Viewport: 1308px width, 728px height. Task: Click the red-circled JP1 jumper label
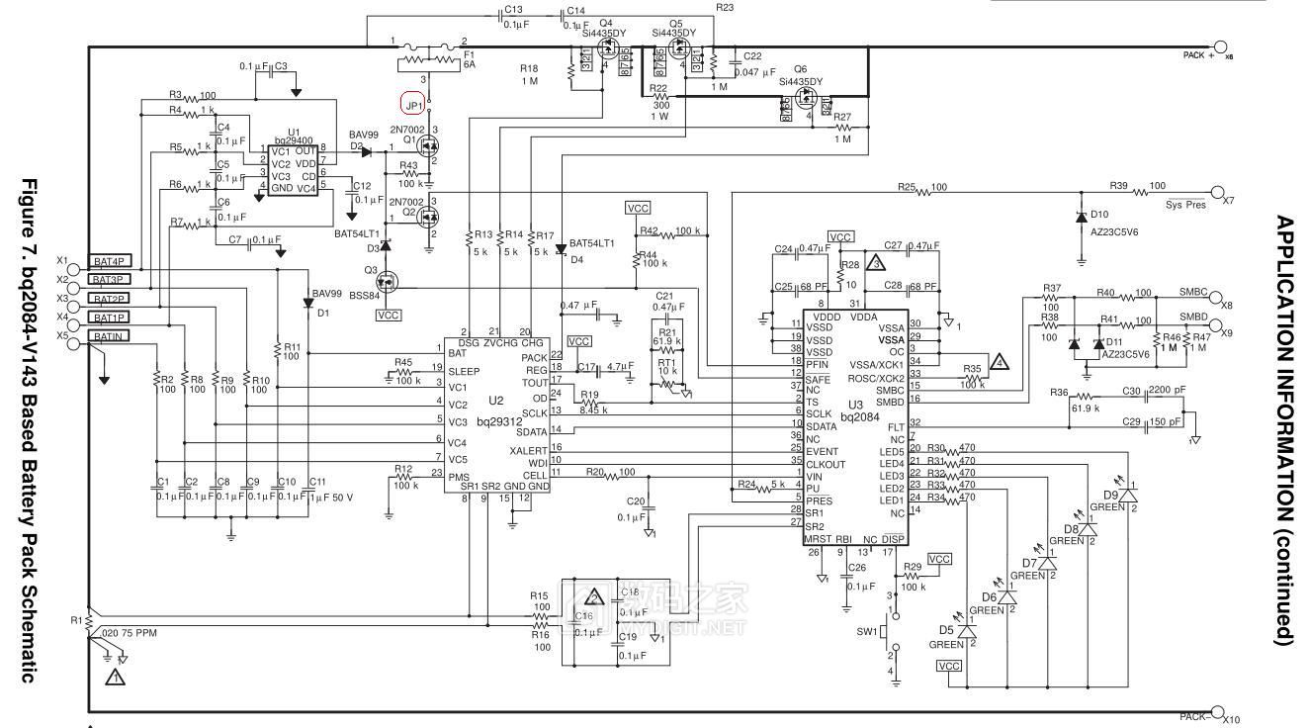click(413, 103)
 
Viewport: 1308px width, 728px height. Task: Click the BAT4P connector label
click(110, 261)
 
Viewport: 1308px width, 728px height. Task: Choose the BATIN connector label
click(109, 336)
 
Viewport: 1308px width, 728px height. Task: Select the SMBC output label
click(1193, 293)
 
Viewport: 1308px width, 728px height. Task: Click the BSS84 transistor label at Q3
click(373, 294)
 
